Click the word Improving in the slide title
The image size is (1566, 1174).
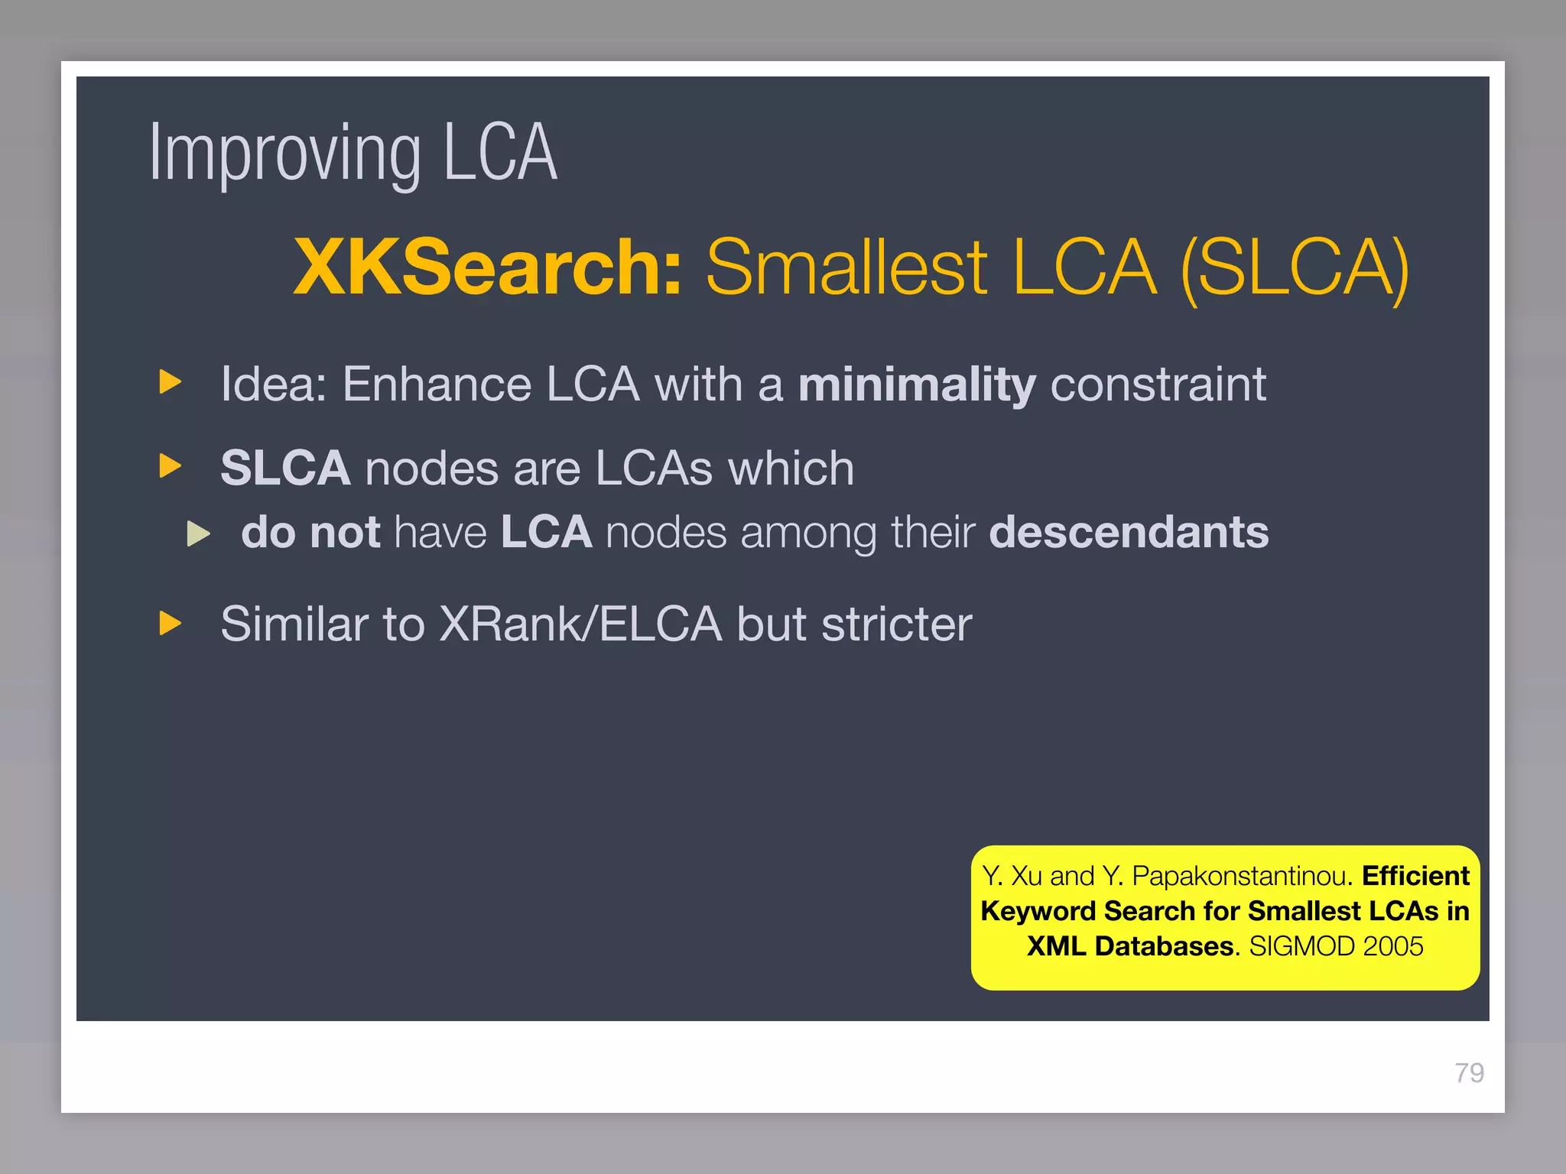284,155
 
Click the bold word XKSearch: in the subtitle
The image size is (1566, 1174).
487,267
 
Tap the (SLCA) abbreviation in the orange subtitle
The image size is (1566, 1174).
1295,268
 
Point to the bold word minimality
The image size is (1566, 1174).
917,384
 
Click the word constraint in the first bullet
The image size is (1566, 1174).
1158,384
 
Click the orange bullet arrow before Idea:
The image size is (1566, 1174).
171,381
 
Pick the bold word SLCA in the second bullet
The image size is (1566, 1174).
285,468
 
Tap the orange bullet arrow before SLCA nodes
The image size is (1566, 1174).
171,465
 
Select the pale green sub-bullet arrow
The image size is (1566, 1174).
199,533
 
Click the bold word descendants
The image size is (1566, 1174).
1129,532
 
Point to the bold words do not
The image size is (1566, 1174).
310,532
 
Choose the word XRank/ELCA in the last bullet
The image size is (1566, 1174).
580,624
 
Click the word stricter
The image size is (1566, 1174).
896,624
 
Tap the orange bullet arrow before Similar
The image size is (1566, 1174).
171,623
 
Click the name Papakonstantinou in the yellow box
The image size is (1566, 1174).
1239,876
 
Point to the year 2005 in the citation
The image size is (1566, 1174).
1392,946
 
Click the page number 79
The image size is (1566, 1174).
1469,1073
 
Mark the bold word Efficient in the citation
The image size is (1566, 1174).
1415,876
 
